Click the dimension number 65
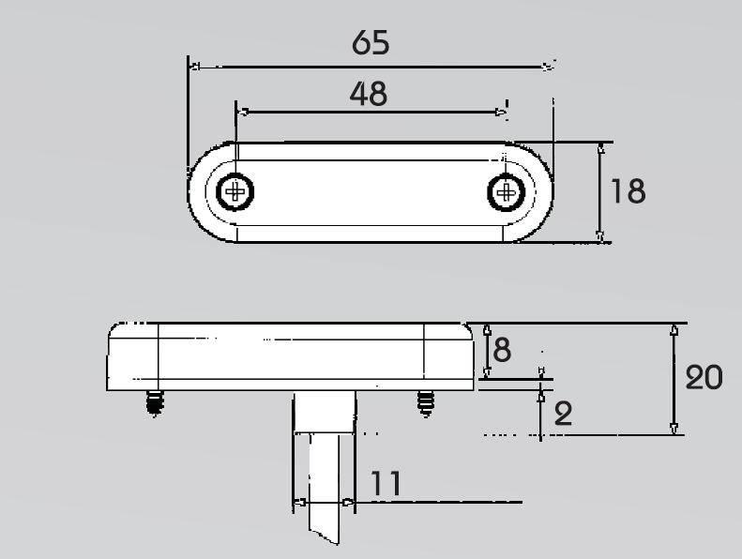tap(371, 42)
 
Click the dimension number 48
tap(369, 93)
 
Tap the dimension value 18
tap(628, 191)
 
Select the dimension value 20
tap(704, 377)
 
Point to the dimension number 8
tap(502, 350)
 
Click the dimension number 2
tap(563, 414)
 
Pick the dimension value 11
tap(386, 483)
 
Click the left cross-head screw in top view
tap(235, 191)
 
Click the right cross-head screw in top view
tap(507, 192)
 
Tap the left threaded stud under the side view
tap(154, 402)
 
